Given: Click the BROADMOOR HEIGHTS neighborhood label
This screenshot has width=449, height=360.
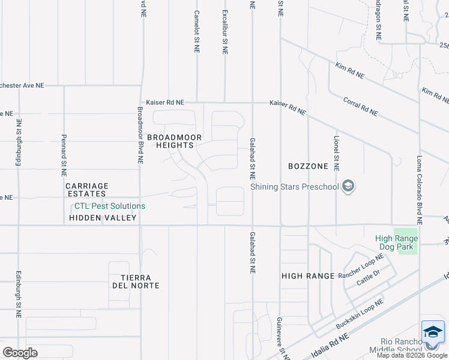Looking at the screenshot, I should (x=170, y=141).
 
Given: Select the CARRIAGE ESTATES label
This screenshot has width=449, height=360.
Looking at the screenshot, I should (x=87, y=190).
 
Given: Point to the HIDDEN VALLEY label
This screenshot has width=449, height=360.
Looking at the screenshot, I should (x=103, y=218).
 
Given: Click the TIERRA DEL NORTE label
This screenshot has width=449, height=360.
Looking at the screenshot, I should (x=140, y=281).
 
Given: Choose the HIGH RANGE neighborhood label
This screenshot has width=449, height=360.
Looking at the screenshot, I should (x=308, y=275).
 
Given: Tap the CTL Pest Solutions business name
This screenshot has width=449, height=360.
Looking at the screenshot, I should (x=109, y=206).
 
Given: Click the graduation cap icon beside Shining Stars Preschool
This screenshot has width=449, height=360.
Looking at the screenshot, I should (x=348, y=187).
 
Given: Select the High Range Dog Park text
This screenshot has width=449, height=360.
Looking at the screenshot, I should (x=396, y=242).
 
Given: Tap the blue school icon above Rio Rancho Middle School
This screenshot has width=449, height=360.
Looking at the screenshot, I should (x=433, y=332).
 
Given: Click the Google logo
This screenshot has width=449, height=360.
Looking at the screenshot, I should (x=20, y=353).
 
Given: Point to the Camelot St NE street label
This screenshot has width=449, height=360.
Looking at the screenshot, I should (x=197, y=29).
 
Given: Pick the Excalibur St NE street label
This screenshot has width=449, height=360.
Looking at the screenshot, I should (x=225, y=32).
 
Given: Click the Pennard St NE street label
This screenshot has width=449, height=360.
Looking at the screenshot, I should (x=64, y=155).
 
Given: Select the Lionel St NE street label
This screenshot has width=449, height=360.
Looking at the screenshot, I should (x=337, y=152).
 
